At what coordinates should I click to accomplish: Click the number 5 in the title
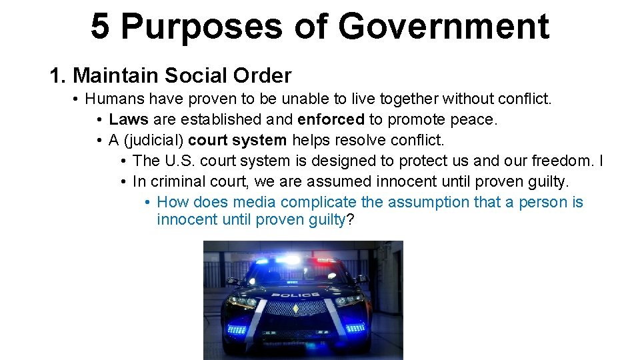(x=100, y=27)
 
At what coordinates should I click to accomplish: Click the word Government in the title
(x=443, y=27)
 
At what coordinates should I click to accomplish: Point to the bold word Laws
(x=129, y=120)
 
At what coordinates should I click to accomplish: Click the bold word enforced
(x=331, y=120)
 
